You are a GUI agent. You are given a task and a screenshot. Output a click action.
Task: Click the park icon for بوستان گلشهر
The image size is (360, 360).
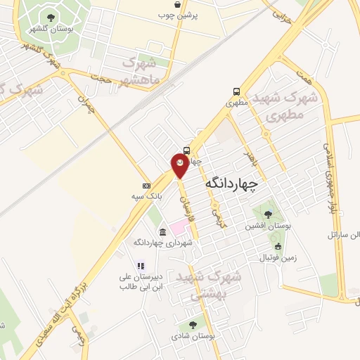click(50, 18)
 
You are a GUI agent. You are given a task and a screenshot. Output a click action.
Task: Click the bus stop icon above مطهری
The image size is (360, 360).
click(236, 91)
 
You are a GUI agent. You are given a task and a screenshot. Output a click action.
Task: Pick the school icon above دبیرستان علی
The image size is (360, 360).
click(141, 266)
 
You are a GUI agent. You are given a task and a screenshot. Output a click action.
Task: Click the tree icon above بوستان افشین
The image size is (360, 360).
click(266, 214)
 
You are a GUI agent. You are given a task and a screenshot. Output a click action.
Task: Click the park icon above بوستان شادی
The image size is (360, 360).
click(193, 325)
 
